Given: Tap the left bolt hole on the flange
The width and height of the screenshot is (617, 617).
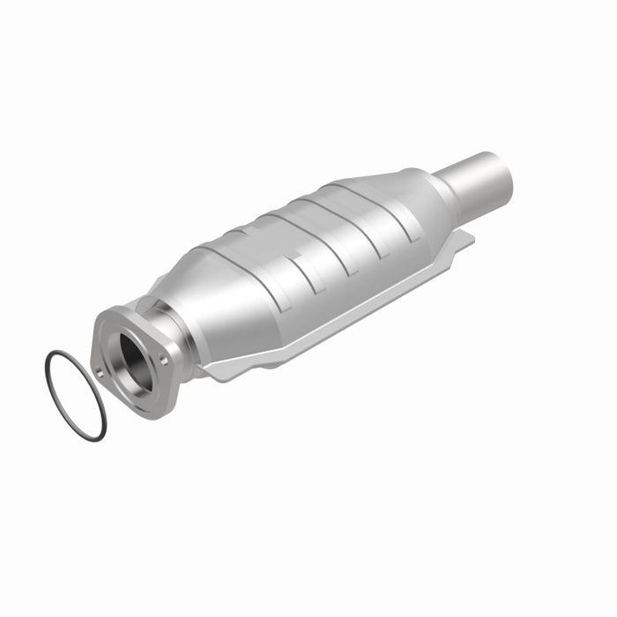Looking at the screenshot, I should point(99,372).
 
